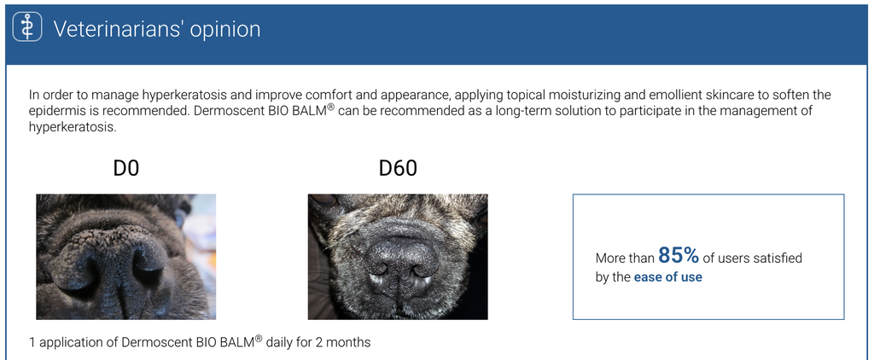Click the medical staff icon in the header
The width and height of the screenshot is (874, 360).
(x=27, y=28)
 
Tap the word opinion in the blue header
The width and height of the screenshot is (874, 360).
(x=224, y=29)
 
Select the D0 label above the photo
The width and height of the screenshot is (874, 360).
(x=125, y=169)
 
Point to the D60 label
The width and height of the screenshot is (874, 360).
(x=398, y=169)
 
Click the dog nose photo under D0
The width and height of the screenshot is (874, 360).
(x=125, y=256)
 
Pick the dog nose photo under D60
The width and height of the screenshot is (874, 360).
(x=398, y=256)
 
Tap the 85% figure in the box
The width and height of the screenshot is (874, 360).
(x=679, y=255)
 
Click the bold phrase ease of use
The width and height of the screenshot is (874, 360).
(x=667, y=277)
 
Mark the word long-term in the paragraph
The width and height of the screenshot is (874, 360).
(x=512, y=111)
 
